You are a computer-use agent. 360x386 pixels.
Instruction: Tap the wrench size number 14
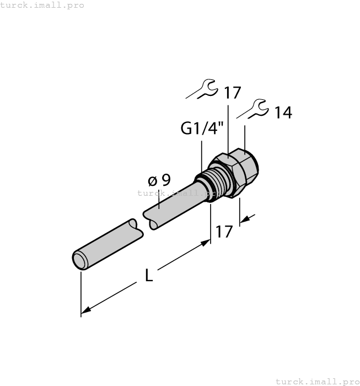tap(283, 113)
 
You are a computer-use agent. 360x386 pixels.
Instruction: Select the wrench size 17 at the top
tap(232, 93)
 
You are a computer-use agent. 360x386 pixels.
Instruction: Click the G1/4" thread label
tap(202, 129)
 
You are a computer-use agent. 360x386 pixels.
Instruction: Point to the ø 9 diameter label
tap(159, 180)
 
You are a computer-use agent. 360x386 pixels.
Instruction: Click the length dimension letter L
tap(149, 275)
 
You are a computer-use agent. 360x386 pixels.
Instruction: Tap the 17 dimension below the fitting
tap(224, 232)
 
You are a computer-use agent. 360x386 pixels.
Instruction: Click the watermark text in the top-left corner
tap(42, 5)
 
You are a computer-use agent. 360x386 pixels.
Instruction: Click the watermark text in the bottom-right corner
tap(316, 381)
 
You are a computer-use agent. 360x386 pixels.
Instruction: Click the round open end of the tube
tap(80, 260)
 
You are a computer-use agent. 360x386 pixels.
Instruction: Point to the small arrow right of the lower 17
tap(245, 220)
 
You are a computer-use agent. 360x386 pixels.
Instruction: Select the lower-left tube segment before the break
tap(108, 242)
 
